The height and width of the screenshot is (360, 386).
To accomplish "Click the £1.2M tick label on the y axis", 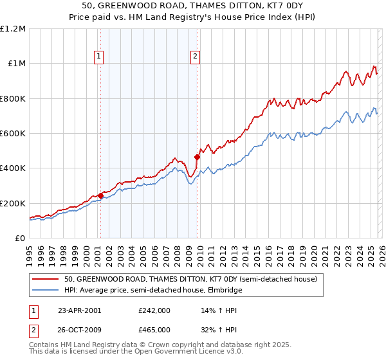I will tap(14, 29).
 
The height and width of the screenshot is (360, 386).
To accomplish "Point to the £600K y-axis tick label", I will tap(14, 134).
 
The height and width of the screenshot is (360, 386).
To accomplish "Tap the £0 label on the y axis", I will tap(20, 239).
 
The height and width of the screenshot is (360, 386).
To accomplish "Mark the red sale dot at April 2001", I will tap(100, 196).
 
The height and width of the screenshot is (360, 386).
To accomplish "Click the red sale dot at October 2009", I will tap(198, 157).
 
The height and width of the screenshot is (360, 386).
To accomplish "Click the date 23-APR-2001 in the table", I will tap(79, 310).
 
